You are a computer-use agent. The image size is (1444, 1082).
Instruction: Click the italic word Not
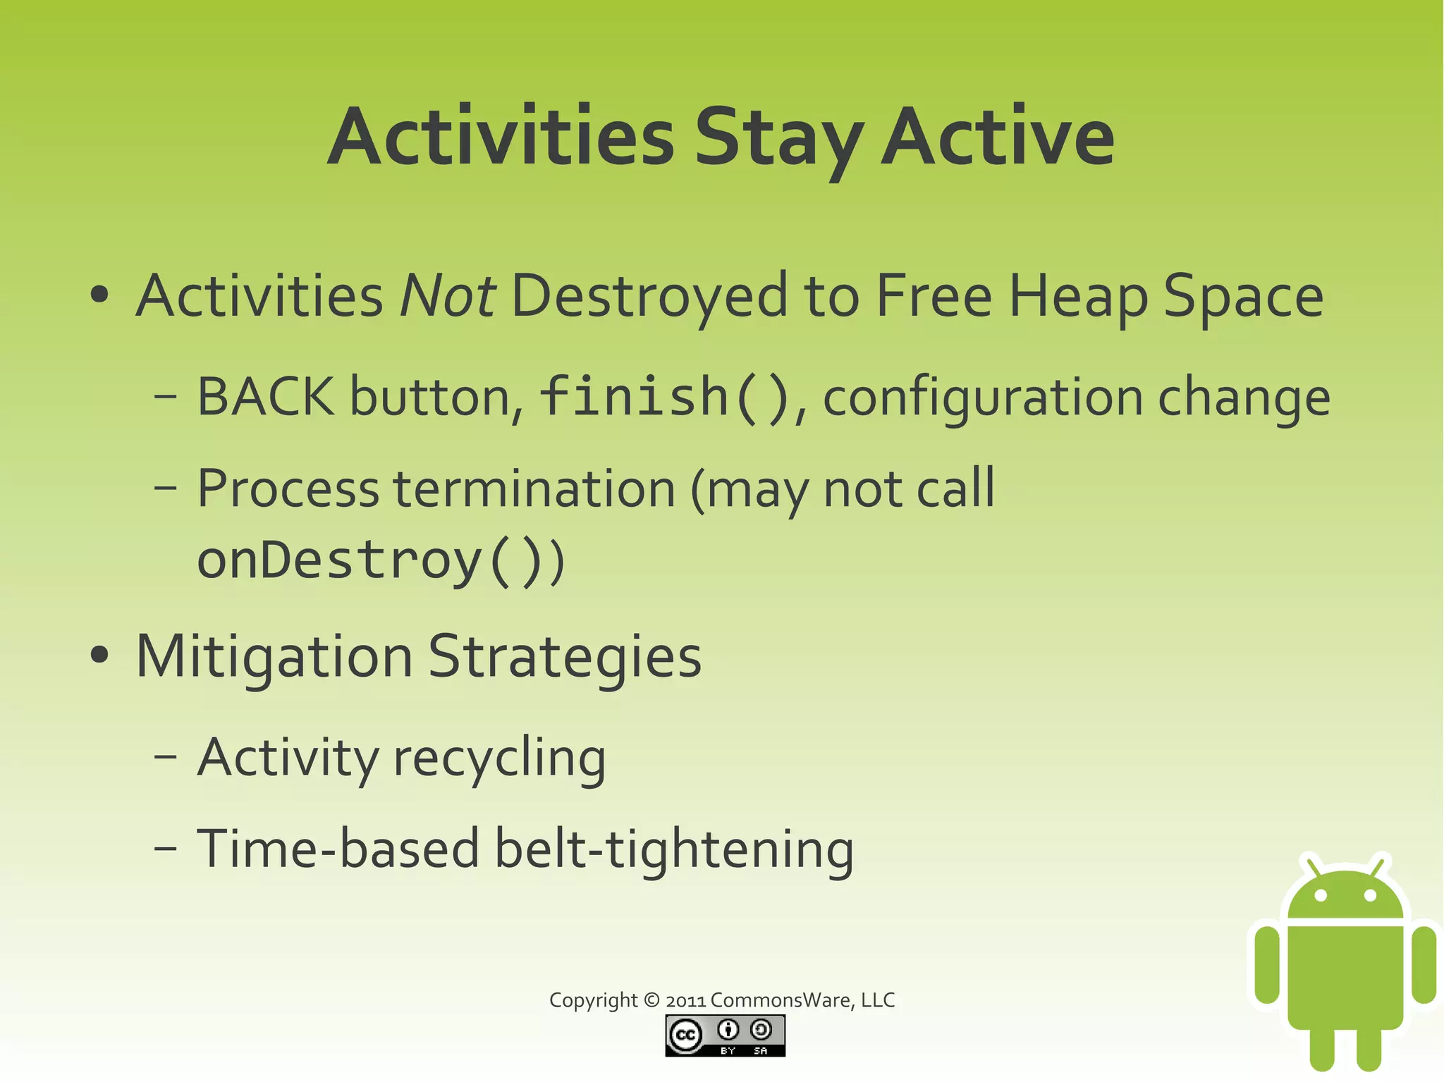point(447,296)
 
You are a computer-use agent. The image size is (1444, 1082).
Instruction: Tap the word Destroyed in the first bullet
point(649,296)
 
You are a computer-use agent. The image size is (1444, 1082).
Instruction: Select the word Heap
point(1078,296)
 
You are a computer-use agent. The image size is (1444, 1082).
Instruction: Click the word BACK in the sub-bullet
point(265,397)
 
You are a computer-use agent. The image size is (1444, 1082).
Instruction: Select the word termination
point(534,488)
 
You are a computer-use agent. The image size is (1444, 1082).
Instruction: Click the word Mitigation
point(274,657)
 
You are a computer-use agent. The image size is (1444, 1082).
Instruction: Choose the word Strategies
point(564,657)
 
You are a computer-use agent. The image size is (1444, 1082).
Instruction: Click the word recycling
point(499,758)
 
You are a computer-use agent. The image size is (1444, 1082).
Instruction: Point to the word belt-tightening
point(673,849)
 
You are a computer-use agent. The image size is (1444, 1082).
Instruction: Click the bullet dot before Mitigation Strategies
point(100,656)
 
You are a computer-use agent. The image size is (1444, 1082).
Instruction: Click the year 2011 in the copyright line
point(685,1000)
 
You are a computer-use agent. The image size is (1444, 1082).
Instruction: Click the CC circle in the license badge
point(685,1035)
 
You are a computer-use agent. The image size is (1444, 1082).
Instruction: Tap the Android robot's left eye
point(1321,895)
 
